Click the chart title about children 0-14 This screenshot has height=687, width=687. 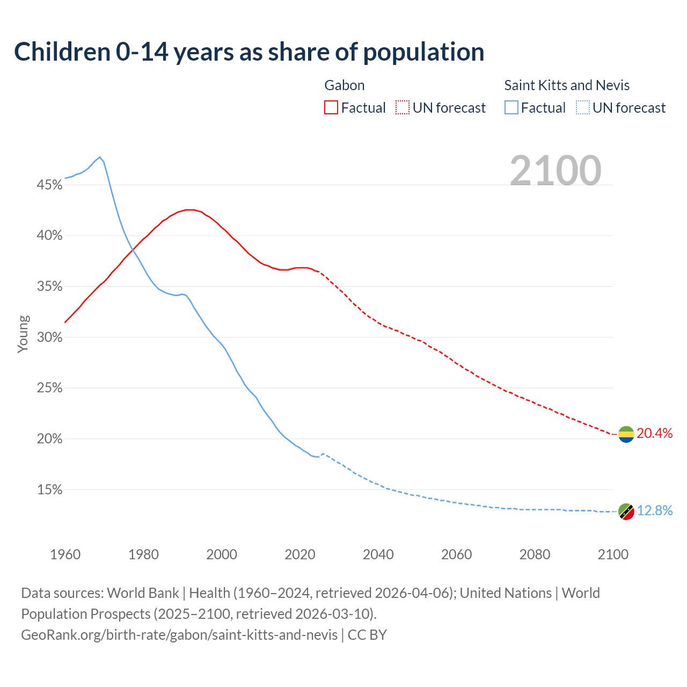(249, 52)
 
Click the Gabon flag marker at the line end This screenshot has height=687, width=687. (626, 434)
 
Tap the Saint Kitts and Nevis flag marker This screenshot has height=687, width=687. (626, 511)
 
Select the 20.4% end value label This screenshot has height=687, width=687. (654, 434)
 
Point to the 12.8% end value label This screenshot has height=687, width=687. (654, 511)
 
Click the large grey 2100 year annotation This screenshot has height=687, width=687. (555, 171)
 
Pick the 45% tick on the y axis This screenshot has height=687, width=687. (49, 185)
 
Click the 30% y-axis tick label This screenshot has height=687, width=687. (49, 338)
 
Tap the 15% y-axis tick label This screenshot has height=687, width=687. (49, 490)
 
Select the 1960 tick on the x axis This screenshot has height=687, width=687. (65, 554)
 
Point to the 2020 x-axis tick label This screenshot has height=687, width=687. (299, 554)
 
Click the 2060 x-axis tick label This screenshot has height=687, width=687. (456, 554)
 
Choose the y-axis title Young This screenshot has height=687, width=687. (23, 334)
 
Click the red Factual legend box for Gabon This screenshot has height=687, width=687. (331, 108)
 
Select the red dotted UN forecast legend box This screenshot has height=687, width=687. (403, 108)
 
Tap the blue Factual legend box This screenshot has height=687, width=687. (511, 108)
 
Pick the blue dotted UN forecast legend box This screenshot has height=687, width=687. (583, 108)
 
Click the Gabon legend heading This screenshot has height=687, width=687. (345, 85)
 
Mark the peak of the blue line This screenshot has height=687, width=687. (100, 157)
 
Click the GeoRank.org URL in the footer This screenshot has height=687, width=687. (179, 635)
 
